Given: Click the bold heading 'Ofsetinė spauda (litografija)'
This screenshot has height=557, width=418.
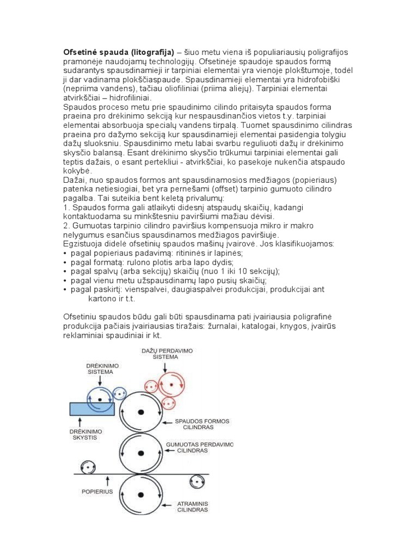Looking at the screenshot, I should (x=119, y=52).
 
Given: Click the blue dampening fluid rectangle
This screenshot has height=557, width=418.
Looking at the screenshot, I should (x=92, y=409).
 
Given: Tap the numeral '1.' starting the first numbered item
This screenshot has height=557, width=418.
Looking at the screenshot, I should (x=67, y=207).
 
